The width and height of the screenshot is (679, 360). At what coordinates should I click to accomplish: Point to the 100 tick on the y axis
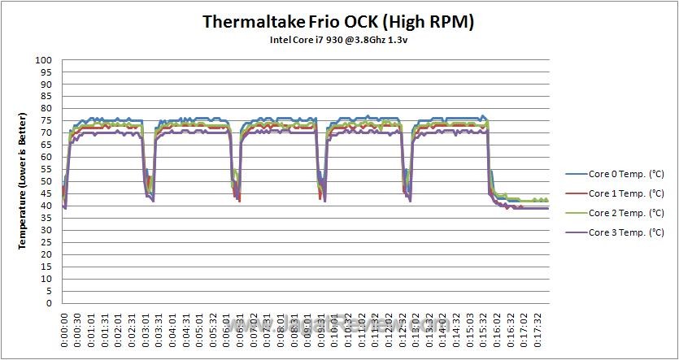tap(45, 60)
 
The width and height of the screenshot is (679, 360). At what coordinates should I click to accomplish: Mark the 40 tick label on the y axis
tap(47, 206)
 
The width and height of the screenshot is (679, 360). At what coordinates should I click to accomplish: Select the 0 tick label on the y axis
tap(50, 303)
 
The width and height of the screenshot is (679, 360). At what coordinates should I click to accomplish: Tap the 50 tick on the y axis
tap(47, 181)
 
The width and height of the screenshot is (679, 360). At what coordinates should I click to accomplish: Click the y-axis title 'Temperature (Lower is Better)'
tap(23, 181)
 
